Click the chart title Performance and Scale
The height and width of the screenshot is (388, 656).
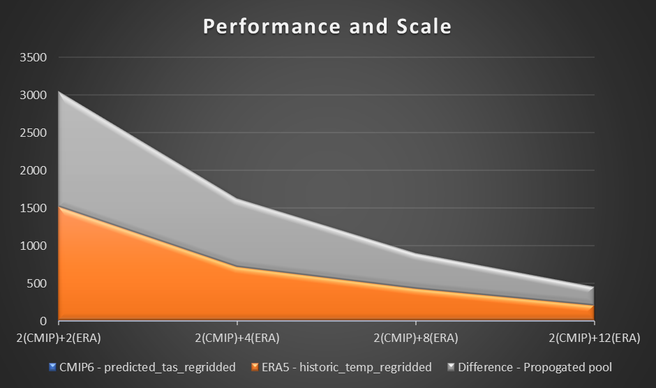point(327,27)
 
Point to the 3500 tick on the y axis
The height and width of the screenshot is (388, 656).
point(33,58)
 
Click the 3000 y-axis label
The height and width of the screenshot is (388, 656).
point(33,96)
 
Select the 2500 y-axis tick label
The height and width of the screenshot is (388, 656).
point(33,133)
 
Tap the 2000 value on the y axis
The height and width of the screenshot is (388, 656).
point(33,171)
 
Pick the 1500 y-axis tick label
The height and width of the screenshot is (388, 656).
point(33,209)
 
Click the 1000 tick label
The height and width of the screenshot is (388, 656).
point(33,246)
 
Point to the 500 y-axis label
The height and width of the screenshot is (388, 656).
point(36,284)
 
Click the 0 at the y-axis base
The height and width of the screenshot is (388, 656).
point(43,322)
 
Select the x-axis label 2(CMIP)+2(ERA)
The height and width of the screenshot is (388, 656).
point(59,338)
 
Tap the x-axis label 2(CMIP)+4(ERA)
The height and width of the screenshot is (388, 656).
point(237,338)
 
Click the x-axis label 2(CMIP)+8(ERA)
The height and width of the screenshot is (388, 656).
point(416,338)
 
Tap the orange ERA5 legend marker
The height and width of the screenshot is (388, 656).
point(255,367)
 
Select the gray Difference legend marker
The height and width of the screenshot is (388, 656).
point(451,367)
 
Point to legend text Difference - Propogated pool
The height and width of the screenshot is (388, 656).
point(535,367)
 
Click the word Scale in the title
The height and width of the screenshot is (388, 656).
point(421,27)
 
